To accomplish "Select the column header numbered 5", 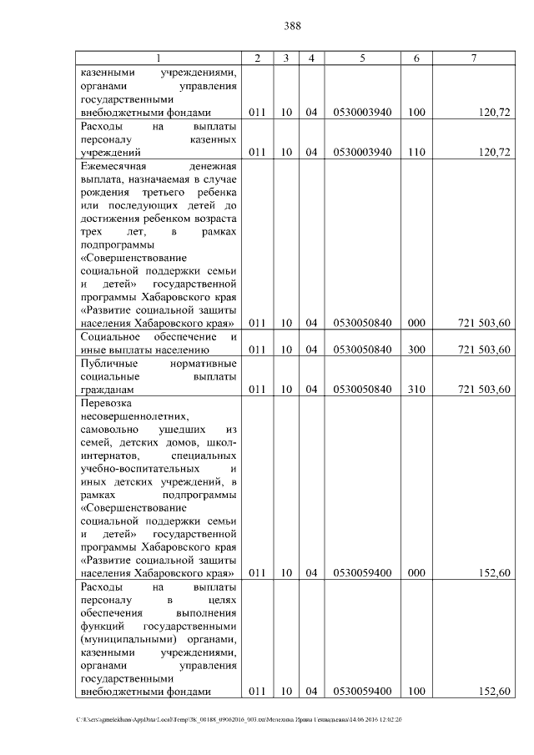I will (x=362, y=58).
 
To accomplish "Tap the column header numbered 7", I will (x=473, y=58).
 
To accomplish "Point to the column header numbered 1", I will (x=159, y=58).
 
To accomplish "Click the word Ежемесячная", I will (x=114, y=166).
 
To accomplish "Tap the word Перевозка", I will (x=104, y=403).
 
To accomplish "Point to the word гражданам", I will (x=107, y=390).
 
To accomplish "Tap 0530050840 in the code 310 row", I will (x=362, y=390).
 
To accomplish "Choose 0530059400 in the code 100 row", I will (x=362, y=692).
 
